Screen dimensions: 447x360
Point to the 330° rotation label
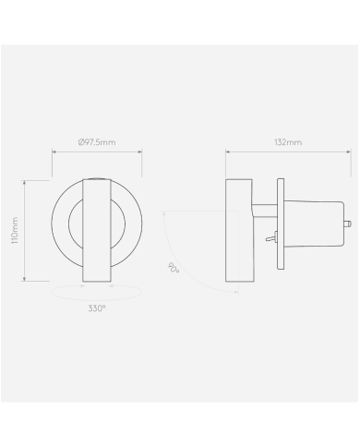96,306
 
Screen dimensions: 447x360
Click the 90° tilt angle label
174,269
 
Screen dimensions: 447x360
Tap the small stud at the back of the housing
347,223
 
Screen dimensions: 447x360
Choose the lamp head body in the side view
237,230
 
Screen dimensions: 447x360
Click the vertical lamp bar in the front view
96,230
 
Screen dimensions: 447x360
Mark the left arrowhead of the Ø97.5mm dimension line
52,154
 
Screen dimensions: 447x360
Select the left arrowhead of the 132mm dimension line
226,154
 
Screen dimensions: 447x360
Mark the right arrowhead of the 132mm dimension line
351,154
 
